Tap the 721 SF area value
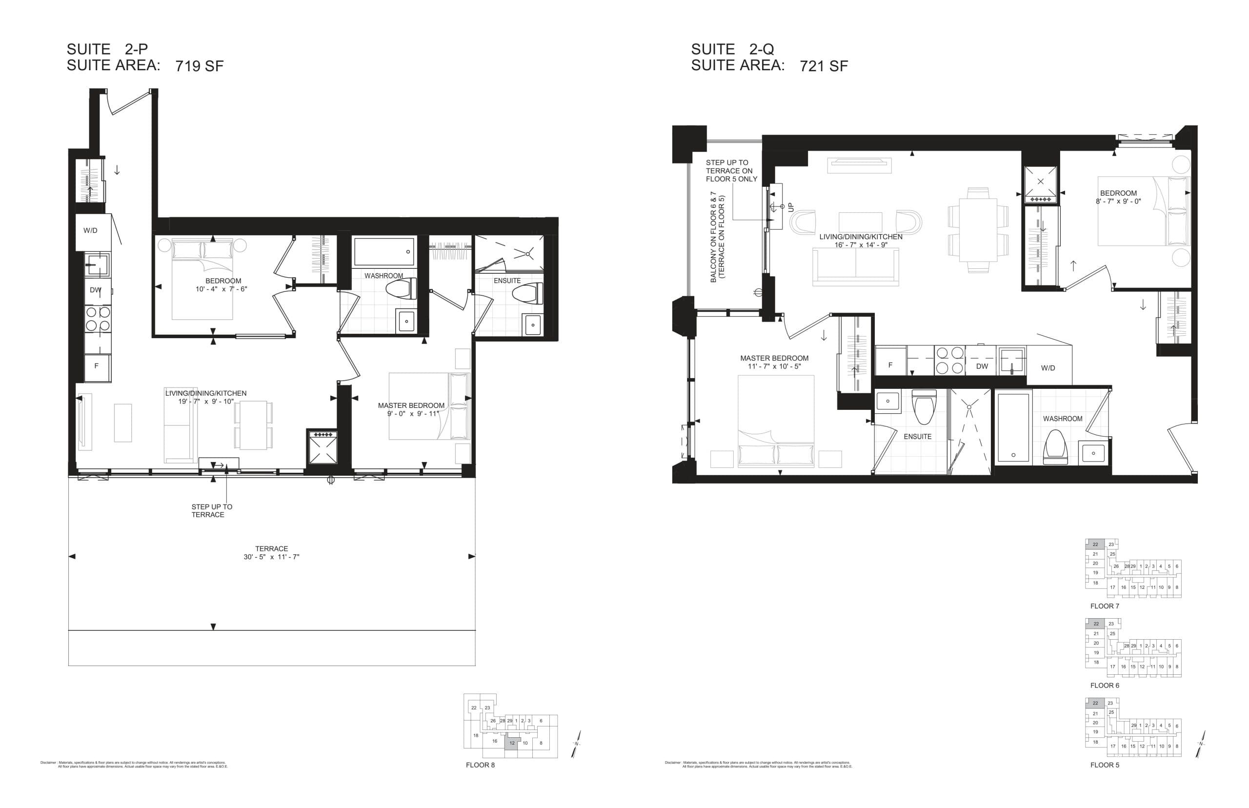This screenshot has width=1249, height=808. pos(823,66)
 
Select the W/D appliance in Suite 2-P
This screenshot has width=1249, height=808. pos(91,231)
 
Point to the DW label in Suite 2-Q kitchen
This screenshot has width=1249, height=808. pos(982,366)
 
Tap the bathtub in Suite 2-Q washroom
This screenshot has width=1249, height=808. pos(1012,428)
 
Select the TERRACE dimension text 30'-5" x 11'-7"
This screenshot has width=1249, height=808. pos(271,557)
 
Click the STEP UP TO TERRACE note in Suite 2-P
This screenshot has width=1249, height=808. pos(211,510)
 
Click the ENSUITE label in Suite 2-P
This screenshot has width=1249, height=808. pos(507,281)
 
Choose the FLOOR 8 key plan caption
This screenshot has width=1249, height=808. pos(480,765)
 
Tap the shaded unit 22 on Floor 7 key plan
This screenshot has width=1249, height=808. pos(1095,544)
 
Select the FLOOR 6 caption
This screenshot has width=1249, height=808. pos(1104,685)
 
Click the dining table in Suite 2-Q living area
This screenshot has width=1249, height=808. pos(978,230)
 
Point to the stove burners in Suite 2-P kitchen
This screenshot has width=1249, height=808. pos(98,319)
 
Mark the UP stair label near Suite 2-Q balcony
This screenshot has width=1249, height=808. pos(791,207)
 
